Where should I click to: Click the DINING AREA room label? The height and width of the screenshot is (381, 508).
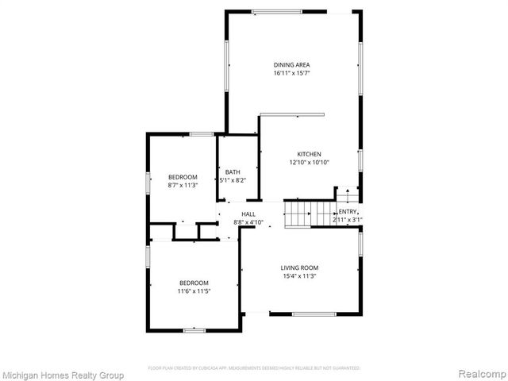coord(291,64)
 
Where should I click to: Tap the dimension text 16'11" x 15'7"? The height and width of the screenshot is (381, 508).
coord(291,73)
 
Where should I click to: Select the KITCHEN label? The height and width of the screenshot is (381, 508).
coord(309,153)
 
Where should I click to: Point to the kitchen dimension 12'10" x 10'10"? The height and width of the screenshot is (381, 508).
coord(309,162)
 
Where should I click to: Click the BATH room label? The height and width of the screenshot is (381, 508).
coord(233,172)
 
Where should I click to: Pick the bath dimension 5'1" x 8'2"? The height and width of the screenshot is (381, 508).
coord(233,180)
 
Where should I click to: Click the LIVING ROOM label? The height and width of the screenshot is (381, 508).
coord(299,267)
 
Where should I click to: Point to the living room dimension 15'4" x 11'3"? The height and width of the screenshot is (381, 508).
coord(299,276)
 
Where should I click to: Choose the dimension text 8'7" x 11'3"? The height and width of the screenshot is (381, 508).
coord(183,185)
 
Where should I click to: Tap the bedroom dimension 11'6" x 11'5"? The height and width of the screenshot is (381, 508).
coord(194,291)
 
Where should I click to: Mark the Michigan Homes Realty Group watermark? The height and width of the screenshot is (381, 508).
coord(63,375)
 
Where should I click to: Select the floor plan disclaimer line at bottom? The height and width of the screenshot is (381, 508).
coord(254,368)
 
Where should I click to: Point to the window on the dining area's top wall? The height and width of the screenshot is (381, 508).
coord(276,11)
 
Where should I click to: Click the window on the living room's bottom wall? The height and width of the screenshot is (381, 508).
coord(314,314)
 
